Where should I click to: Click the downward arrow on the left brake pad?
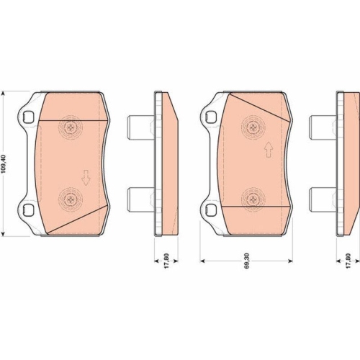86,178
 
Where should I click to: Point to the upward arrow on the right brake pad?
269,150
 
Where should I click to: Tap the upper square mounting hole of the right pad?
210,116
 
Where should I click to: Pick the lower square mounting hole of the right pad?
210,208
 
